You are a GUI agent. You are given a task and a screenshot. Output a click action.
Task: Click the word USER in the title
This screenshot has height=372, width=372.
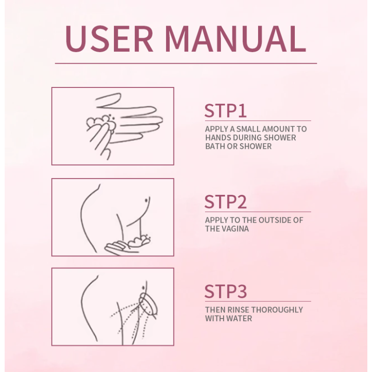point(109,39)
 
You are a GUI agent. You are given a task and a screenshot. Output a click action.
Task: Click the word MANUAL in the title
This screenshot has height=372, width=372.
point(235,39)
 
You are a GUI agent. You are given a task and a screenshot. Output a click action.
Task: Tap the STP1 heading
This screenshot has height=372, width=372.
point(226,111)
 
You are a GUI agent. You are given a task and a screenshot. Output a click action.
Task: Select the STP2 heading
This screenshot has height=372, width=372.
point(226,202)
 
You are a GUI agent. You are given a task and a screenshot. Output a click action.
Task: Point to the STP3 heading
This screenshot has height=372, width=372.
point(226,292)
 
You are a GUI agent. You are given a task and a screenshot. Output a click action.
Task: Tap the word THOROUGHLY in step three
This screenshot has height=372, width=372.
point(277,310)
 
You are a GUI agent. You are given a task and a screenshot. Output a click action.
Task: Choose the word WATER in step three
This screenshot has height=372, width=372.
point(239,319)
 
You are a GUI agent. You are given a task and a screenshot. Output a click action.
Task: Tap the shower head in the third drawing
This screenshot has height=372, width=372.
point(148,305)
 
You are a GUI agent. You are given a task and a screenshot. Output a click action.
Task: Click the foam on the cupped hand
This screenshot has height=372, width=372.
point(139,241)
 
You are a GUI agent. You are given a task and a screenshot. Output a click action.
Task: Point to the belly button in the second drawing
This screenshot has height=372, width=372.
point(146,200)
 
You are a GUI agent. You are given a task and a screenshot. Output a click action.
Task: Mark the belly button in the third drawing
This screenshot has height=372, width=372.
point(144,288)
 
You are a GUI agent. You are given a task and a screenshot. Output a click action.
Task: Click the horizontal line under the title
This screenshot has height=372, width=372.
point(186,63)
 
